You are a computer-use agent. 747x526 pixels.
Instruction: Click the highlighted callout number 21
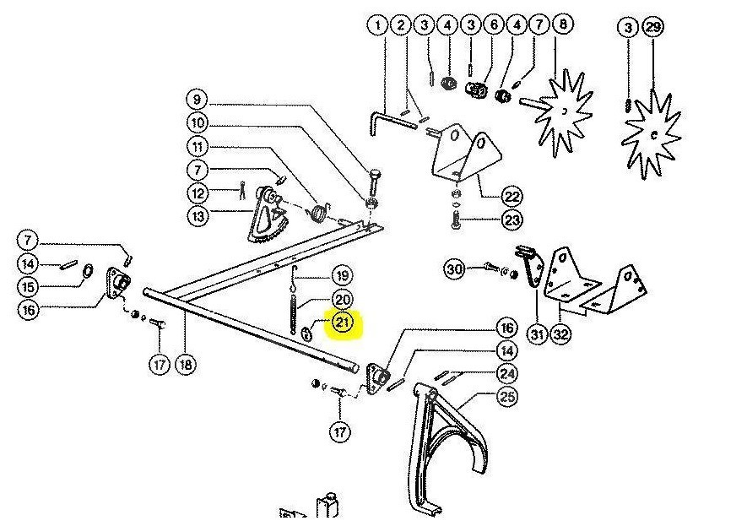[344, 322]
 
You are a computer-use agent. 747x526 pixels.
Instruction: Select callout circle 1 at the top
[377, 26]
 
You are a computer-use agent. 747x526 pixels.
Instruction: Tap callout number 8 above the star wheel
[561, 26]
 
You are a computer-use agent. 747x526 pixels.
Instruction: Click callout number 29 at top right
[653, 28]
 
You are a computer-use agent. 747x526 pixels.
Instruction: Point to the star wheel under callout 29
[651, 133]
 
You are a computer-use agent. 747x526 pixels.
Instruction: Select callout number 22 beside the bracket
[512, 197]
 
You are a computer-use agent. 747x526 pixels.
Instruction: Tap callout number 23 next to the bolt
[512, 220]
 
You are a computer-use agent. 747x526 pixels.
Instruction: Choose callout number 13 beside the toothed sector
[197, 216]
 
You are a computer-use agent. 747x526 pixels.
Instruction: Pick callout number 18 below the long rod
[185, 365]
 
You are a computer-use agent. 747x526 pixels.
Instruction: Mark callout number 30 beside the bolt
[456, 269]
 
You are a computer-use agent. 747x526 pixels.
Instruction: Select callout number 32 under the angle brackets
[560, 334]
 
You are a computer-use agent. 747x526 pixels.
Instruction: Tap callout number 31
[538, 334]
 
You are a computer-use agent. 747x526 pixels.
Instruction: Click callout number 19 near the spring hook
[341, 275]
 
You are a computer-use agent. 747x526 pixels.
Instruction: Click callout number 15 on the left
[28, 286]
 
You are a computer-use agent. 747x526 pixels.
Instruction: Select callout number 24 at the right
[507, 373]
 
